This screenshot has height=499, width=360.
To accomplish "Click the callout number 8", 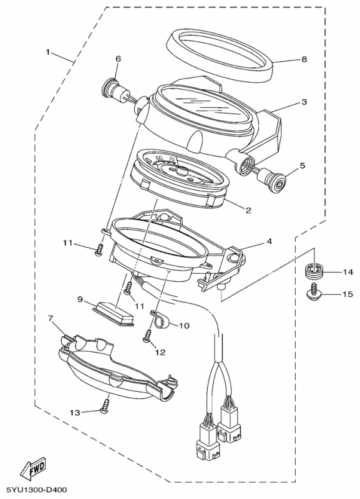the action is pos(304,59).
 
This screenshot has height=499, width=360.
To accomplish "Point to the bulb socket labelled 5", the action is pos(273,181).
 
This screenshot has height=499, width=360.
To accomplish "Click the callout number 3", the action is pos(304,102).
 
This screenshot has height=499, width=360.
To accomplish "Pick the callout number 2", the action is pos(248,210).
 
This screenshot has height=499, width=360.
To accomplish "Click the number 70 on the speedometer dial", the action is pos(172,158).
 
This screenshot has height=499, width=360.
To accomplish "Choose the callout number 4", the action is pos(269,241).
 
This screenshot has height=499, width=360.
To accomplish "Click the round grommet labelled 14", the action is pos(313,271).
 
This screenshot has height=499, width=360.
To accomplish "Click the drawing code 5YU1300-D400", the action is pos(35,490).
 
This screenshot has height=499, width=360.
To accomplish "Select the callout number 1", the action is pos(48,52).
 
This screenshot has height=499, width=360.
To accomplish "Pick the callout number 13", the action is pos(75,413).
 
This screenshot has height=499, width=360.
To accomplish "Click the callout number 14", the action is pos(348,272).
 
